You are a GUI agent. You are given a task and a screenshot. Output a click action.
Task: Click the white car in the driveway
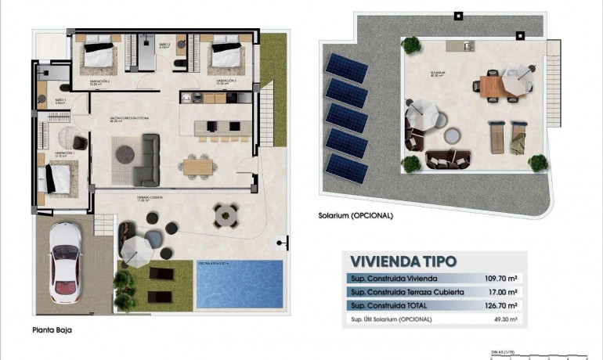[64, 262]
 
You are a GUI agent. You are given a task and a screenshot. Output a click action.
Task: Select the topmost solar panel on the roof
[347, 69]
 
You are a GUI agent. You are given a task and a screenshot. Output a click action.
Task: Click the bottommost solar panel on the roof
[347, 167]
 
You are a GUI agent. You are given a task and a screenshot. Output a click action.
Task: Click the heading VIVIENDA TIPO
[403, 261]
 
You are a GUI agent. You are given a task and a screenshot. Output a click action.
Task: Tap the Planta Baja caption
[52, 330]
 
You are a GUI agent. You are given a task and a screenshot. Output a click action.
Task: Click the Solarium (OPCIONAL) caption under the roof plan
[356, 215]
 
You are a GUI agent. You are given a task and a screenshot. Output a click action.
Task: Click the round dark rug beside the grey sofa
[125, 153]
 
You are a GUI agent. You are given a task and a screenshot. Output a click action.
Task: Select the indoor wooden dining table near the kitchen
[198, 165]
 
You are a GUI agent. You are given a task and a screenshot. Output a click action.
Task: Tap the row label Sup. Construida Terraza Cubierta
[396, 292]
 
